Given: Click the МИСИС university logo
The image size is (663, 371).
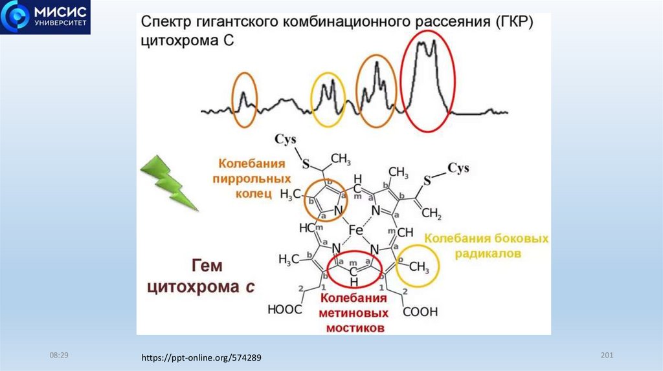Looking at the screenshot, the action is click(45, 18).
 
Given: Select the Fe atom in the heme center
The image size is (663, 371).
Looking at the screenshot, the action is click(356, 230).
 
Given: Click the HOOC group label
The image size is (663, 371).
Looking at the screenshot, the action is click(285, 310).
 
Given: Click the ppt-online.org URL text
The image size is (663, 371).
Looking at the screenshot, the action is click(202, 357).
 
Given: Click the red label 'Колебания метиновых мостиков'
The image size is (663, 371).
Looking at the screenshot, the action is click(354, 313).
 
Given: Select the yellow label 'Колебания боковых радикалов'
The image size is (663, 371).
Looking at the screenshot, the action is click(486, 246).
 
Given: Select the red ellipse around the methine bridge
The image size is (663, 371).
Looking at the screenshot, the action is click(354, 269).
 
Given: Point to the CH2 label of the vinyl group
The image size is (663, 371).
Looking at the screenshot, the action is click(431, 213).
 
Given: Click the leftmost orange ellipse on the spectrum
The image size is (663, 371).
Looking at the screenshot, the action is click(245, 100).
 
